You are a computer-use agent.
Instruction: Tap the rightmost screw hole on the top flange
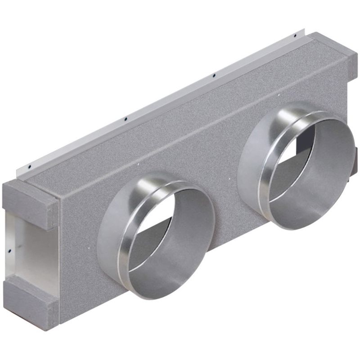[295, 35]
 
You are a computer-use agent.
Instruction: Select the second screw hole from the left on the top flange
[126, 119]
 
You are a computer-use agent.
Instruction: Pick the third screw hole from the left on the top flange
[214, 75]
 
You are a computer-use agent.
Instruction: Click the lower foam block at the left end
[30, 297]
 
